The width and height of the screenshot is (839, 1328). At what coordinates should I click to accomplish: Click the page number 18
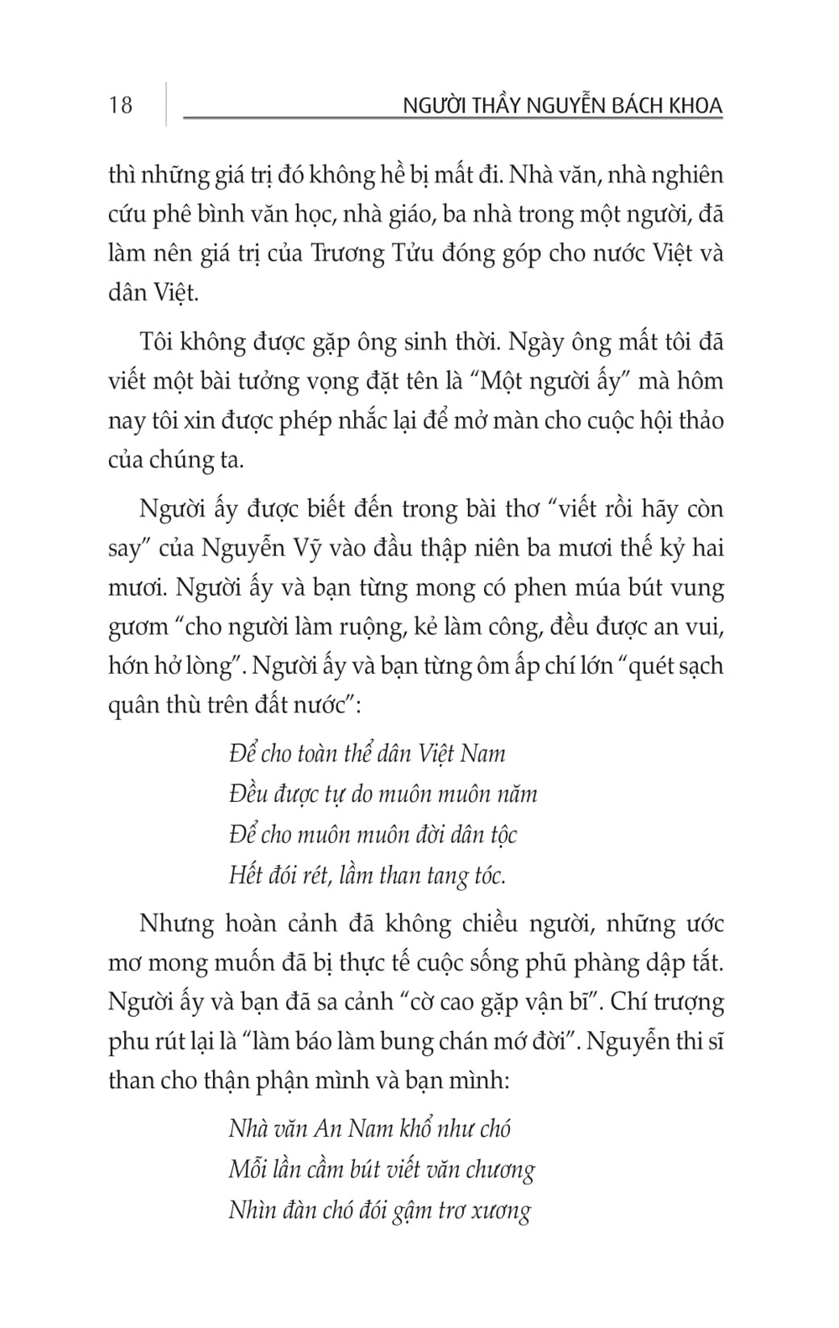[x=120, y=105]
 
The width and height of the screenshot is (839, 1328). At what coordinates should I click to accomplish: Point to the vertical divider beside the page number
[x=166, y=104]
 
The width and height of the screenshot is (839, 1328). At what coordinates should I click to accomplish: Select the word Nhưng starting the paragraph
[x=177, y=924]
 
